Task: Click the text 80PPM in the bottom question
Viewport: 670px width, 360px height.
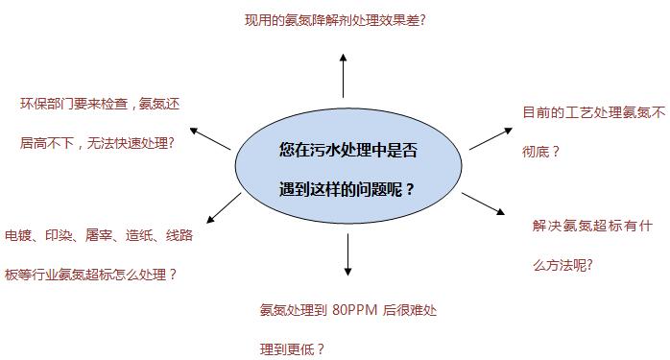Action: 357,310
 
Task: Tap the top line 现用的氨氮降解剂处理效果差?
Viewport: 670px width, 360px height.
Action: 335,19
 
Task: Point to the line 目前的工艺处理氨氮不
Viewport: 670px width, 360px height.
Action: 593,112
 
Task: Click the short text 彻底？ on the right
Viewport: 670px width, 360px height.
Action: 541,151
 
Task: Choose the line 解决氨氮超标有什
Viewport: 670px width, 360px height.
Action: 593,226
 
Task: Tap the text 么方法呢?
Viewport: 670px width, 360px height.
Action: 563,265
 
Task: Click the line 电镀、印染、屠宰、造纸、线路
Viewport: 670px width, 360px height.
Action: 99,234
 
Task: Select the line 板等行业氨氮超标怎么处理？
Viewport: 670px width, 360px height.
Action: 91,274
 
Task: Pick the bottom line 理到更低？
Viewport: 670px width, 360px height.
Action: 293,348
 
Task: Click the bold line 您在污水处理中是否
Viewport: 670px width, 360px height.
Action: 347,150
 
